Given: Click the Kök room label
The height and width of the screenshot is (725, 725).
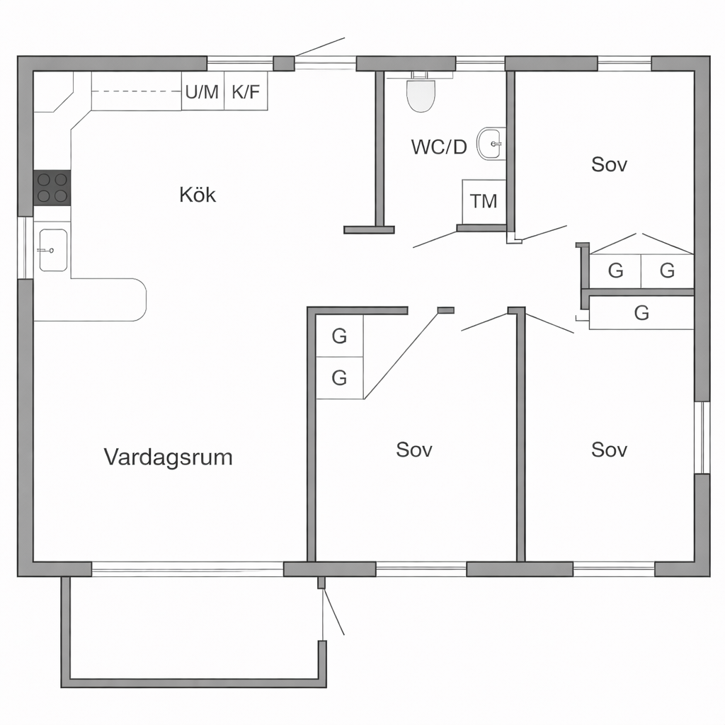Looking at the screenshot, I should [x=198, y=195].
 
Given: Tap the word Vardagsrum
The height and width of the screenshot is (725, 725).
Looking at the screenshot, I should [x=169, y=457].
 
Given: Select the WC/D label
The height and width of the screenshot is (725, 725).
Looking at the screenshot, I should [x=439, y=147].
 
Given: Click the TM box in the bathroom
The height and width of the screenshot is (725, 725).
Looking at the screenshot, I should [x=484, y=201].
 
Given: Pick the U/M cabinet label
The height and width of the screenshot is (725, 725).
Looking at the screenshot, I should [x=202, y=91].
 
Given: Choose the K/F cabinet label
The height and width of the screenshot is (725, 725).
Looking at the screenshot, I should [x=246, y=91].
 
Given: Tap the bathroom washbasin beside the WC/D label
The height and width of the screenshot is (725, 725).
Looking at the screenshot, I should [x=491, y=144].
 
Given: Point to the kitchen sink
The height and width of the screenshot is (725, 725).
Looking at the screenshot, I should [x=53, y=250].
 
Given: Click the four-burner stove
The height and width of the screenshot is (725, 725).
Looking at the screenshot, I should [x=52, y=187].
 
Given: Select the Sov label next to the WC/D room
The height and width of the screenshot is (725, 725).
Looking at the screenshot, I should [x=609, y=165].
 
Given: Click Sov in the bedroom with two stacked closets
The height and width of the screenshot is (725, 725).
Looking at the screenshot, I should [x=414, y=450].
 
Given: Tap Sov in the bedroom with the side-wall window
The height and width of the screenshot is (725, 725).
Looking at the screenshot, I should [x=609, y=450].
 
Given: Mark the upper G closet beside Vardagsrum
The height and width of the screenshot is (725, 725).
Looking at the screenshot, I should [x=339, y=336].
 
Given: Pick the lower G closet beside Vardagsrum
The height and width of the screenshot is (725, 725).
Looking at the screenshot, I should [x=339, y=378].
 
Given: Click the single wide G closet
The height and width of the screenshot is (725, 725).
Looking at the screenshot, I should [x=641, y=313].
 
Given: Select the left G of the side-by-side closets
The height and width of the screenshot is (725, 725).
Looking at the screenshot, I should [x=615, y=270].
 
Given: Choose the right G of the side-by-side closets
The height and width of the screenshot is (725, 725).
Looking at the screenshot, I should [x=667, y=270].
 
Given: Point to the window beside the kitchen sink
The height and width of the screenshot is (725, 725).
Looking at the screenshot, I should [x=25, y=248].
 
